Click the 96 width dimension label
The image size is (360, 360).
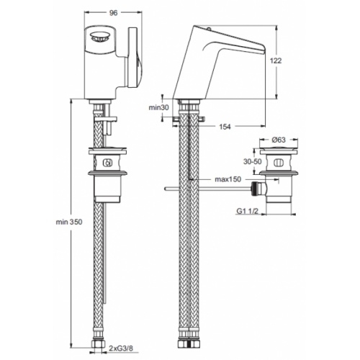[x=113, y=13]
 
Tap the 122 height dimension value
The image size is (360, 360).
[x=276, y=60]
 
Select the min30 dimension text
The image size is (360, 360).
[x=159, y=107]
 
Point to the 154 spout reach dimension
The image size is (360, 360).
[x=225, y=127]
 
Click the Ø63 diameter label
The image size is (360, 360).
[x=279, y=140]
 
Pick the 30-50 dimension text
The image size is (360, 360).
[x=253, y=161]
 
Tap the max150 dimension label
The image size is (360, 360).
[x=228, y=179]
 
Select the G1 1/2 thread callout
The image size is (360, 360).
[x=247, y=211]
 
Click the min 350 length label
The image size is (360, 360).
[x=69, y=222]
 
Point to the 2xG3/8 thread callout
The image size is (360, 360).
[x=120, y=348]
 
